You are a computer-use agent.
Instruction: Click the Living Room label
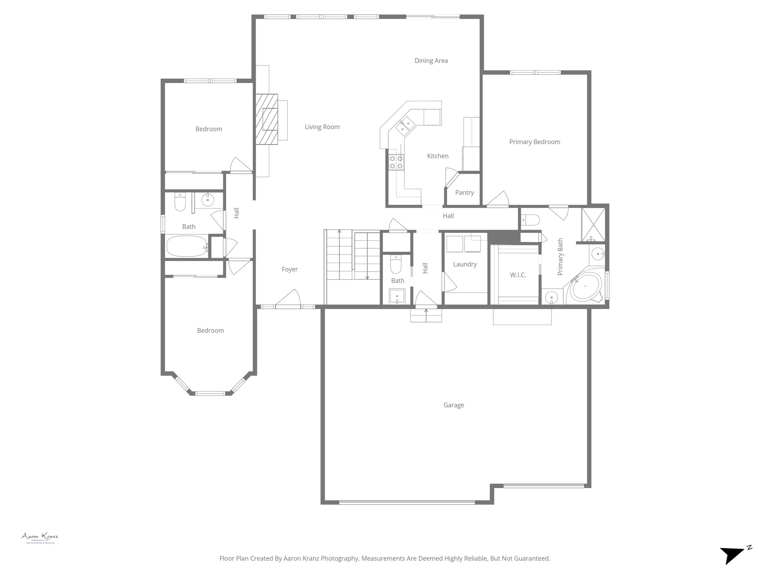322,127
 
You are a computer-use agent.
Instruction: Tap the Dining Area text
431,61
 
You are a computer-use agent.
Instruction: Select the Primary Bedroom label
534,142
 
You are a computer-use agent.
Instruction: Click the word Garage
453,405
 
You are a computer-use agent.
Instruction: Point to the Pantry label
464,193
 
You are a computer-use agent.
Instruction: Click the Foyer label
290,269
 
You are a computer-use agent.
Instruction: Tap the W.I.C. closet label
518,275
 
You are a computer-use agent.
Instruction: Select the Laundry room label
465,265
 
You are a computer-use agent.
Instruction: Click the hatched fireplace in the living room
267,119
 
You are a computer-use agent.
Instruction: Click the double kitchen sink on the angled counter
405,126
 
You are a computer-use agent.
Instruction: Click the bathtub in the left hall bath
187,246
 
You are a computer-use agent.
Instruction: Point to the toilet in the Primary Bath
531,219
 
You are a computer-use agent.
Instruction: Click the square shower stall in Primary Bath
593,224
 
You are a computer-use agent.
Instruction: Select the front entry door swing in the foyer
289,298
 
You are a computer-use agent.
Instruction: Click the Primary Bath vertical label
560,257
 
